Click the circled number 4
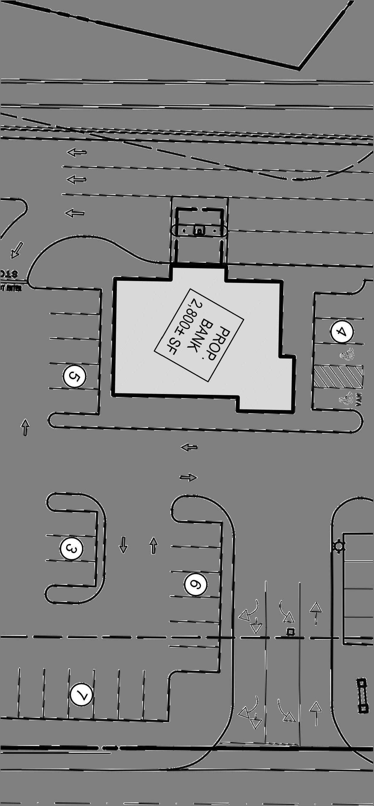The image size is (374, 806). (342, 331)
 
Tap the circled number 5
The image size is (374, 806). (75, 376)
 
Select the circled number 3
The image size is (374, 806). (71, 549)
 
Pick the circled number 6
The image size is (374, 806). (196, 584)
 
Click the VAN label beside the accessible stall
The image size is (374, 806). (359, 400)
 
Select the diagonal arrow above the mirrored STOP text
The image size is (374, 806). (17, 250)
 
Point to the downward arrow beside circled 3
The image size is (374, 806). (123, 545)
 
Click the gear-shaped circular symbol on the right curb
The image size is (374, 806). (339, 546)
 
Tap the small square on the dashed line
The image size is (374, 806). (291, 632)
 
